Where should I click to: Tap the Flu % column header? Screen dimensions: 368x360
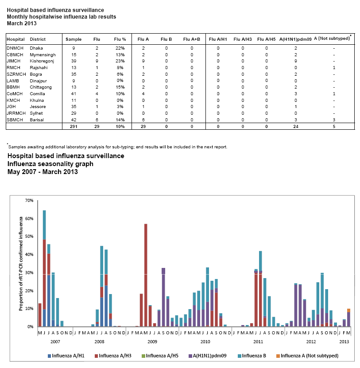pyautogui.click(x=120, y=39)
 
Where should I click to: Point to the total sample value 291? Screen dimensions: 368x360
pyautogui.click(x=74, y=127)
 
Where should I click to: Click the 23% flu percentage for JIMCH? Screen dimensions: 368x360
pyautogui.click(x=120, y=61)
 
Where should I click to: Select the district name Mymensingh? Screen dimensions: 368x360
pyautogui.click(x=42, y=54)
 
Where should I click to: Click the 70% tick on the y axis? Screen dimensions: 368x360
pyautogui.click(x=30, y=201)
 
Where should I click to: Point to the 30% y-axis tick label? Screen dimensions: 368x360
pyautogui.click(x=30, y=273)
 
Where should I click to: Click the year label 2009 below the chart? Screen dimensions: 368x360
pyautogui.click(x=152, y=342)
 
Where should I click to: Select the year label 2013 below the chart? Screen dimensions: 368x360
pyautogui.click(x=344, y=342)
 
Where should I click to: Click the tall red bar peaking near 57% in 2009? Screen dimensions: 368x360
pyautogui.click(x=146, y=275)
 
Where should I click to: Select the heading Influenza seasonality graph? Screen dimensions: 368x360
pyautogui.click(x=50, y=164)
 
